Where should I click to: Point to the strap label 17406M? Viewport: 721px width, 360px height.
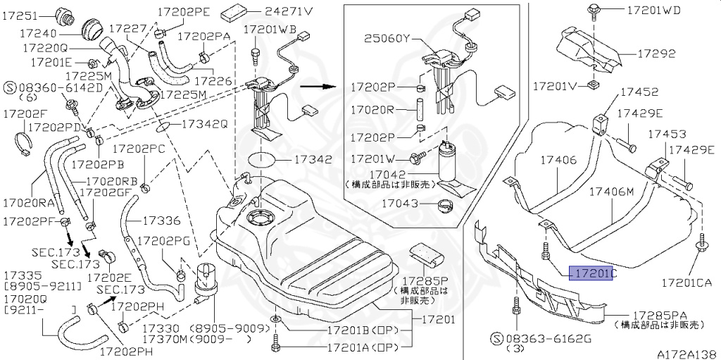tap(611, 191)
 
